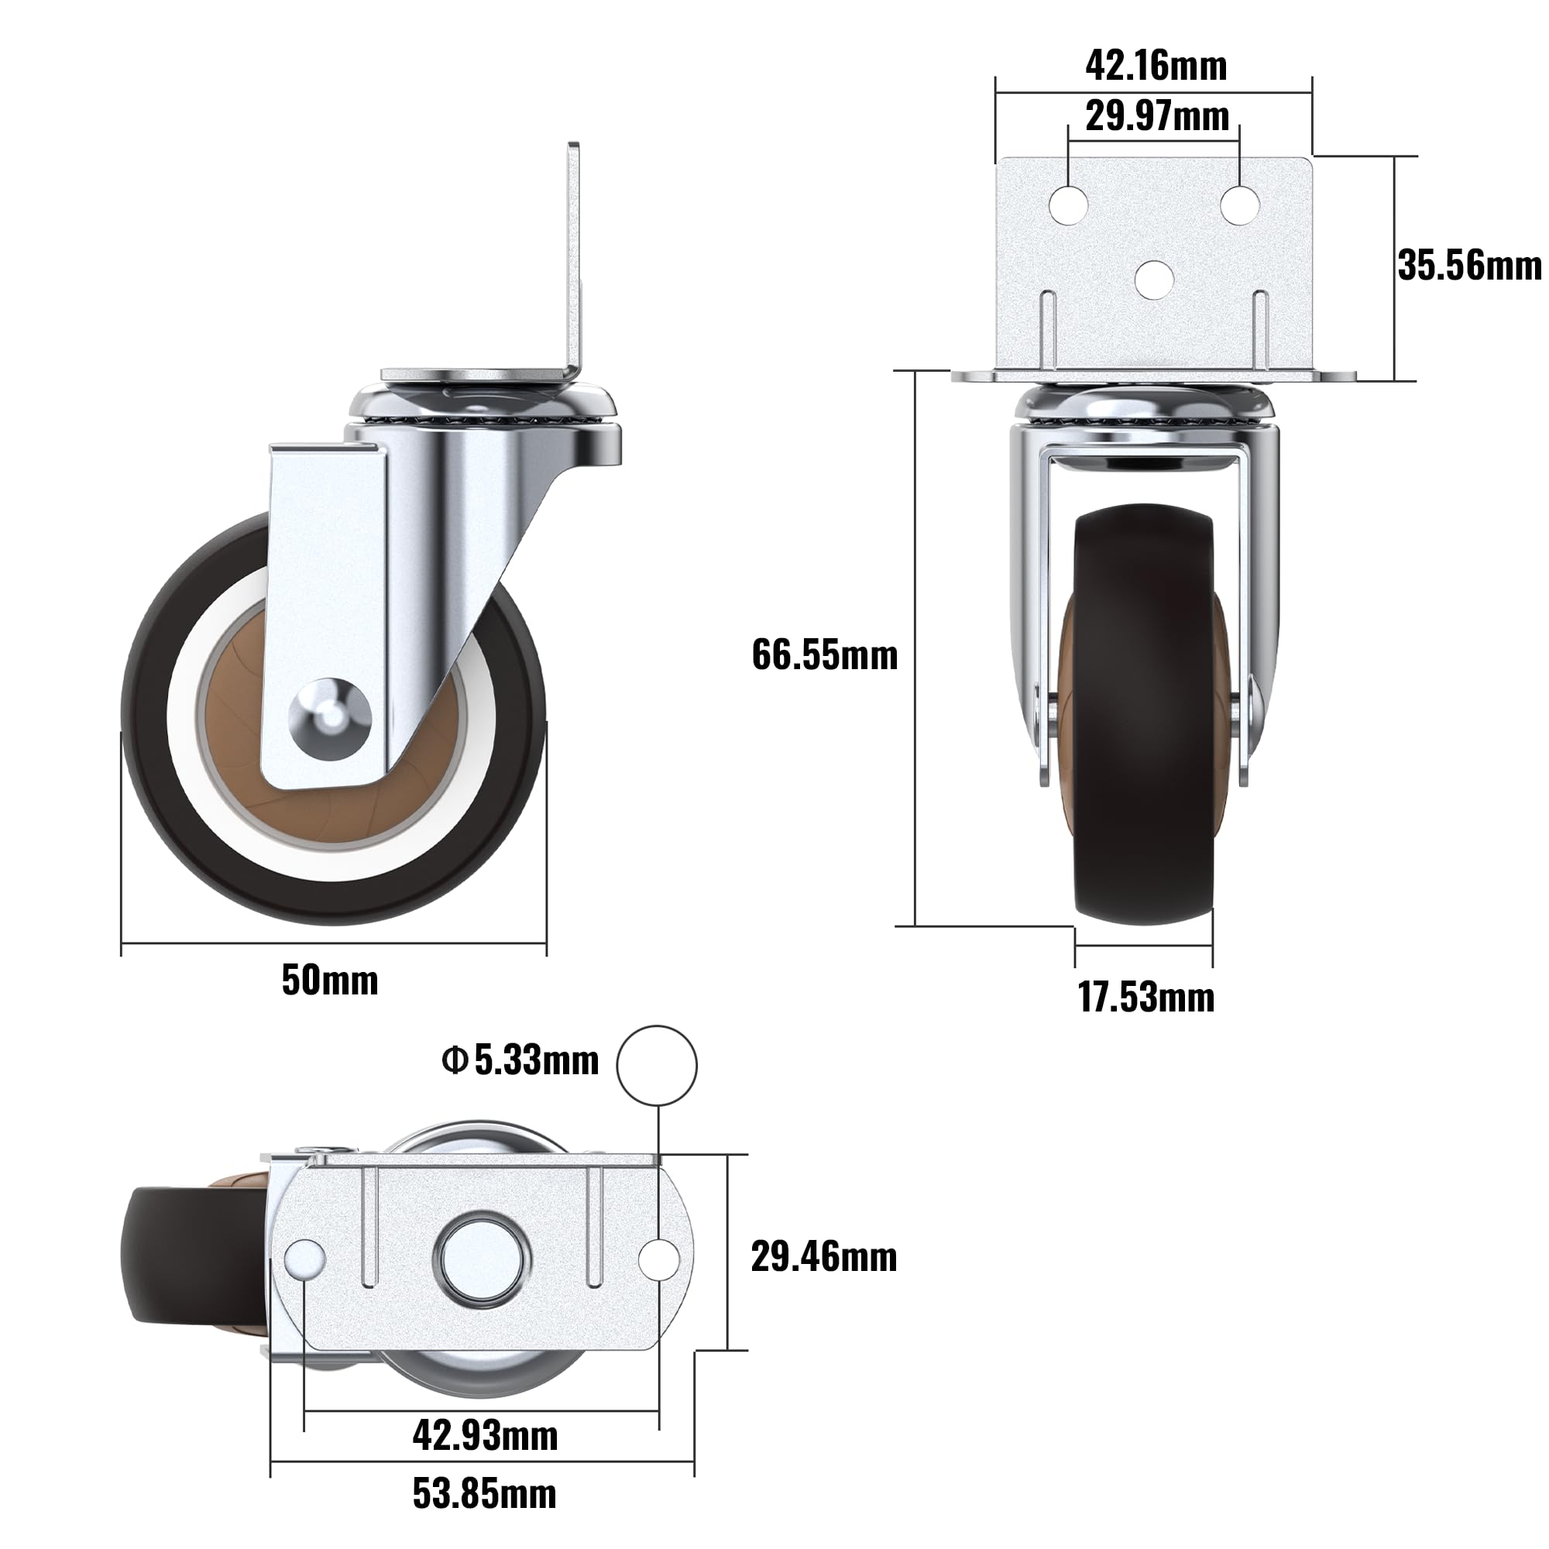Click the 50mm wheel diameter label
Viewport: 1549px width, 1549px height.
tap(329, 981)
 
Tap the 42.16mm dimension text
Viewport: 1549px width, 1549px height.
tap(1156, 66)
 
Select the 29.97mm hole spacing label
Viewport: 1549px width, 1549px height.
tap(1157, 116)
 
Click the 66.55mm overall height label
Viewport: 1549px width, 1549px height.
tap(824, 655)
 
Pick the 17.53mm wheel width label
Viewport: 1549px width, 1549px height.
tap(1145, 998)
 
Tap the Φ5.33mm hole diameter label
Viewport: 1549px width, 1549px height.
tap(520, 1061)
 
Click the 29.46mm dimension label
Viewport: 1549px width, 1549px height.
tap(824, 1256)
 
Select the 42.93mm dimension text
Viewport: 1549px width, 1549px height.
tap(485, 1435)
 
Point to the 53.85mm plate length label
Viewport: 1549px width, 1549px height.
tap(484, 1494)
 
